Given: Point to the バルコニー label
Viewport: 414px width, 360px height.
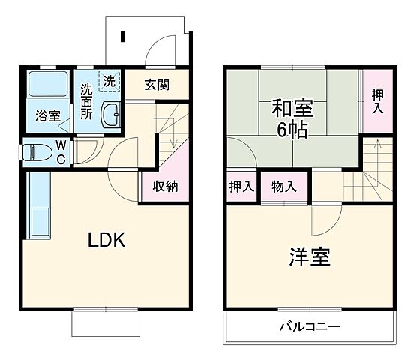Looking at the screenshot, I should (310, 327).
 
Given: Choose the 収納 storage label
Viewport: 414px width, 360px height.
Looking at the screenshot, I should (165, 187).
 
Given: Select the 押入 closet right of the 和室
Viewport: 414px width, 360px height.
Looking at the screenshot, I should (378, 99).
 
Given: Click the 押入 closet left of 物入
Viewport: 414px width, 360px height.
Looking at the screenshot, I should (241, 187).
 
